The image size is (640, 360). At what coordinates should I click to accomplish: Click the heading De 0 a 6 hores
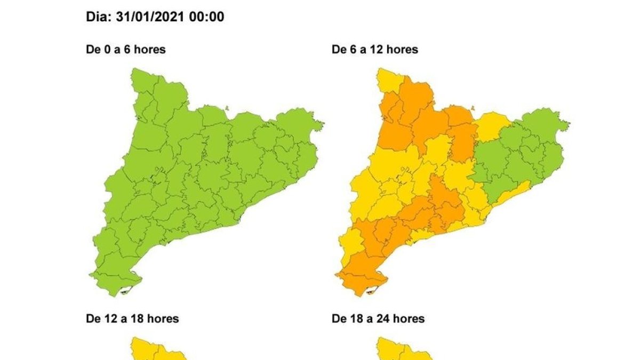tap(126, 50)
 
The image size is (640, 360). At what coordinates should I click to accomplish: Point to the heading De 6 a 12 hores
tap(375, 50)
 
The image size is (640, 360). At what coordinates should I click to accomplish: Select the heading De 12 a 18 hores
tap(132, 319)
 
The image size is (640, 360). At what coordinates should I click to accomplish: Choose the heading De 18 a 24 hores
tap(378, 319)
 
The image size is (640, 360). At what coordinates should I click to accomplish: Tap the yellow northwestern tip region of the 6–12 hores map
tap(388, 80)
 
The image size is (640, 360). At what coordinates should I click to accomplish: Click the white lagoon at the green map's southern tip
tap(126, 291)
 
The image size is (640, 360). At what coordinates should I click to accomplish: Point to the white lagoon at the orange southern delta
tap(372, 291)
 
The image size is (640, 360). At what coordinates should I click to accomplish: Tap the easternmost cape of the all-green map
tap(321, 126)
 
